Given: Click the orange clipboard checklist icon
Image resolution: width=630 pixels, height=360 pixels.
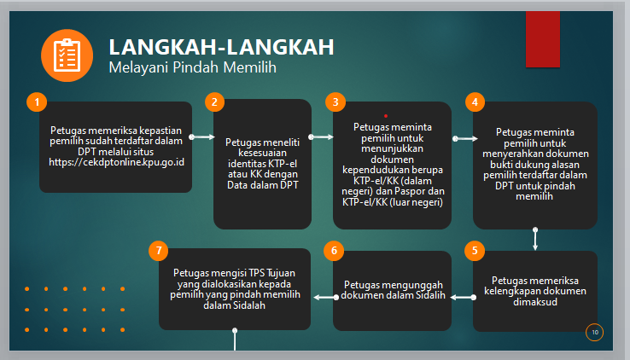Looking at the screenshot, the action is coord(67,55).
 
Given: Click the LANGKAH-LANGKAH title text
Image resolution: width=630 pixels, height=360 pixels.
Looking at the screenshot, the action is coord(221,47).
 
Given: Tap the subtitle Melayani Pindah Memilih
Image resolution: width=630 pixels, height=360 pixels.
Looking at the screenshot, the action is coord(192,67).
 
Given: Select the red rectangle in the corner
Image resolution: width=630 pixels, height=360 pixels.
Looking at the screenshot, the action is coord(543,39).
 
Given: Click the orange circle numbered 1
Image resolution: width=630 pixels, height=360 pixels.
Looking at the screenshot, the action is coord(37,102).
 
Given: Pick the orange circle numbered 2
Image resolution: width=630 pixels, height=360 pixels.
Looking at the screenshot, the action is coord(214,102).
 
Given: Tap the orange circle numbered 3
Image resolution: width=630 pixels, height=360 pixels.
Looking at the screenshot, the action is coord(335,102).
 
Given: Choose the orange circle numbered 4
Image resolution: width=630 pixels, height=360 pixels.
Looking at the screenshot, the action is coord(475,102).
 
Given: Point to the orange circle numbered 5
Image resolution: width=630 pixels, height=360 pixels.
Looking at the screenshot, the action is coord(475,251).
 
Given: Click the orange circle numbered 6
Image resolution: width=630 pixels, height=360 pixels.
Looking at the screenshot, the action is coord(334,251).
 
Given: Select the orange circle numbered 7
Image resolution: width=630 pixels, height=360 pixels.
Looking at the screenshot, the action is coord(159,251).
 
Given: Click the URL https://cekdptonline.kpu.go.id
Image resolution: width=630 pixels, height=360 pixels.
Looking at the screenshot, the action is coord(116,162).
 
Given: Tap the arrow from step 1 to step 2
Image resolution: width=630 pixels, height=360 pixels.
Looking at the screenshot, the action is coord(202,136).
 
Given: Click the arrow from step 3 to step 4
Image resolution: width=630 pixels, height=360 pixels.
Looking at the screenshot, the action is coord(465,138).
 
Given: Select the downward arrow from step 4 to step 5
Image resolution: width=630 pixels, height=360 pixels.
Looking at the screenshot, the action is coord(535,239).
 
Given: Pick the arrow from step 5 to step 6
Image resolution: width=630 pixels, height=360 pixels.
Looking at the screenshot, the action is coord(464,298).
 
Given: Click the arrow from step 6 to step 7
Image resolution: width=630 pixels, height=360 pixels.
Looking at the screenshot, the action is coord(326,298).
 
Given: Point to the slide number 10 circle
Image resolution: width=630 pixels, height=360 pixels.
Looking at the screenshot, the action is coord(595,333).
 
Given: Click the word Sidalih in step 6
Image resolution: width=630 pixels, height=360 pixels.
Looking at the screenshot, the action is coord(430,295).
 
